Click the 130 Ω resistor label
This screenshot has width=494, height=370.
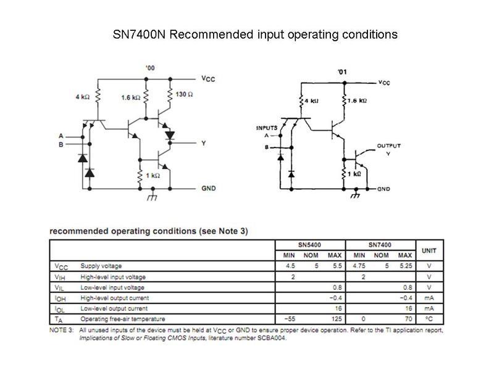click(x=184, y=94)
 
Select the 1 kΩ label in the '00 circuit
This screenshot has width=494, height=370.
click(x=153, y=175)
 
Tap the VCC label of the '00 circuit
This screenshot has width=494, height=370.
click(x=208, y=79)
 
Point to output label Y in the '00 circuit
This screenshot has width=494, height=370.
click(x=204, y=143)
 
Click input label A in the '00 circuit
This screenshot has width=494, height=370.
click(x=61, y=136)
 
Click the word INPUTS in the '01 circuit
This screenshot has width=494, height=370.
click(x=267, y=128)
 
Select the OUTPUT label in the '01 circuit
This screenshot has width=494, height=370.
click(x=389, y=146)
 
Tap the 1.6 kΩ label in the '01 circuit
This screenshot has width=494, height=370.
click(x=358, y=101)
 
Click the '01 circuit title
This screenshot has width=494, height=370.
click(x=343, y=72)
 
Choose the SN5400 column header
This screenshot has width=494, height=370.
click(x=309, y=245)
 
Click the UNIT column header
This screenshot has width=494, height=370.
click(x=429, y=251)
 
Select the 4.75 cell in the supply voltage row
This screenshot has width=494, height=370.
click(x=359, y=266)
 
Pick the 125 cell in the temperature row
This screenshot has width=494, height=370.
click(x=337, y=319)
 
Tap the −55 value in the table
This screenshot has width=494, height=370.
click(x=290, y=319)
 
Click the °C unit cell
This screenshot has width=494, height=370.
click(x=429, y=319)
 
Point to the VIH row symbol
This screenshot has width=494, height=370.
click(x=60, y=277)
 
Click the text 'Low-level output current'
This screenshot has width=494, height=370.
click(x=114, y=308)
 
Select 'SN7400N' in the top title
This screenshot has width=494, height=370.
click(x=139, y=35)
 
